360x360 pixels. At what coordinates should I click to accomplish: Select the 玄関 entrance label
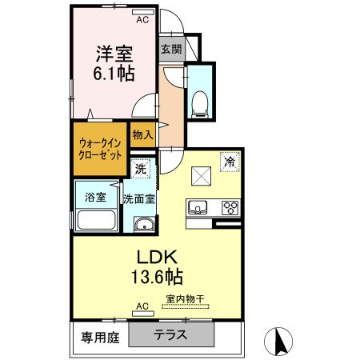(x=170, y=49)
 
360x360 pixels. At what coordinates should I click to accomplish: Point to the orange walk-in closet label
(x=101, y=149)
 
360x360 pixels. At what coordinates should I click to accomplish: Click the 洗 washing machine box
(x=140, y=169)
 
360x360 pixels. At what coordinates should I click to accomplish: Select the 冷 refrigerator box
(x=230, y=160)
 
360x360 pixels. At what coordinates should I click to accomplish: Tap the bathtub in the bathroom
(x=95, y=219)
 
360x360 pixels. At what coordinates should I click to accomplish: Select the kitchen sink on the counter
(x=197, y=208)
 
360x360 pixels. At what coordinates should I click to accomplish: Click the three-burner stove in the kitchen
(x=230, y=208)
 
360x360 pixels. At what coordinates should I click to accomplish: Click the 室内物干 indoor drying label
(x=185, y=299)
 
